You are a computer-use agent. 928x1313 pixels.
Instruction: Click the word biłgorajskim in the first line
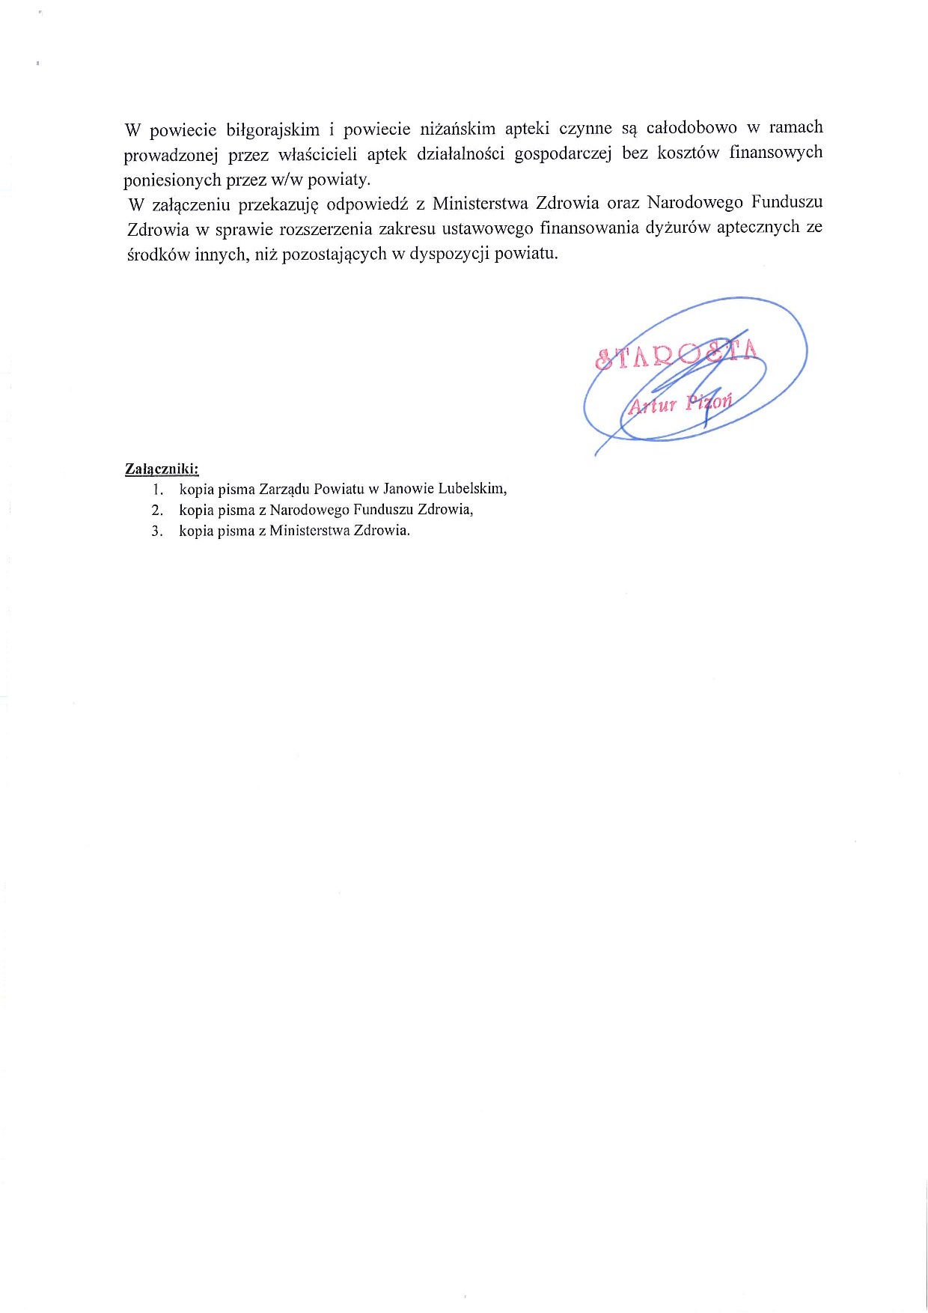pos(272,130)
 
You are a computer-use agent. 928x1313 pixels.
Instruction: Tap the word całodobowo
pos(691,128)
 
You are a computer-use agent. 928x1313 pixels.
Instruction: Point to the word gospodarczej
pos(563,153)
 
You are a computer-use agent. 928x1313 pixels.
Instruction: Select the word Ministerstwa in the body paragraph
pos(480,204)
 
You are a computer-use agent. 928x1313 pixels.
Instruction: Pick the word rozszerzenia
pos(325,228)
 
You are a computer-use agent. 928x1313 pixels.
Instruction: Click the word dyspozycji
pos(449,253)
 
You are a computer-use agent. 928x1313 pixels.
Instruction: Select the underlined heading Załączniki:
pos(162,469)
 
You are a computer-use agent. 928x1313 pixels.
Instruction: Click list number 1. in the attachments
pos(157,490)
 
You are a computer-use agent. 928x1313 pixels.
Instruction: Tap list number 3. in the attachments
pos(157,531)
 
